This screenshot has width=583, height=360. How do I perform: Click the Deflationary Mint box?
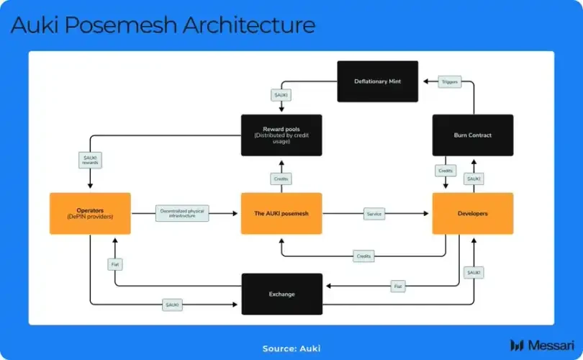pos(378,81)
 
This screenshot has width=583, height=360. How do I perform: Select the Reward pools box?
pos(281,135)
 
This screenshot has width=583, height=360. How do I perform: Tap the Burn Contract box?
pos(473,135)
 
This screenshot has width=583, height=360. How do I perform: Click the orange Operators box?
pos(91,213)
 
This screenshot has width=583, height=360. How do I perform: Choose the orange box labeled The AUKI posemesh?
pos(281,213)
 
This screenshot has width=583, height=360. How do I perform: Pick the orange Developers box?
pos(473,213)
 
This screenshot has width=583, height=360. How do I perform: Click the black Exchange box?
pos(281,294)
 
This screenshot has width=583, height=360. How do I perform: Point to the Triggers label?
pos(449,82)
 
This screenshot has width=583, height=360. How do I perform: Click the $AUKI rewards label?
pos(90,160)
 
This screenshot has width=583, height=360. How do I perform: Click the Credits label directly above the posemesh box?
pos(281,178)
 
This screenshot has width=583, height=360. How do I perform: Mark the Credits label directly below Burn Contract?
pos(445,171)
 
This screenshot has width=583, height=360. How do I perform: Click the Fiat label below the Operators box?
pos(115,265)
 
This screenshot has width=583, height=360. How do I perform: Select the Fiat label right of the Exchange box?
pos(398,286)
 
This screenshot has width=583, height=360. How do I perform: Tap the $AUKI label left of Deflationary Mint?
pos(281,95)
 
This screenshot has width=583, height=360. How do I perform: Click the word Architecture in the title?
pos(248,25)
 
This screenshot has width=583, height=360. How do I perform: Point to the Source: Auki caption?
pos(291,348)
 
